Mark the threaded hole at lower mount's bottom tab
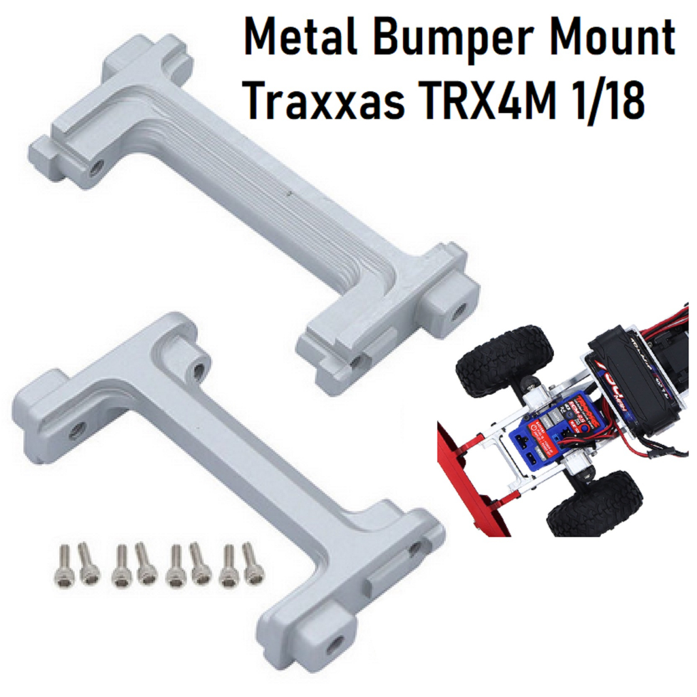coord(334,644)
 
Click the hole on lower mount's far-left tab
coord(77,429)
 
